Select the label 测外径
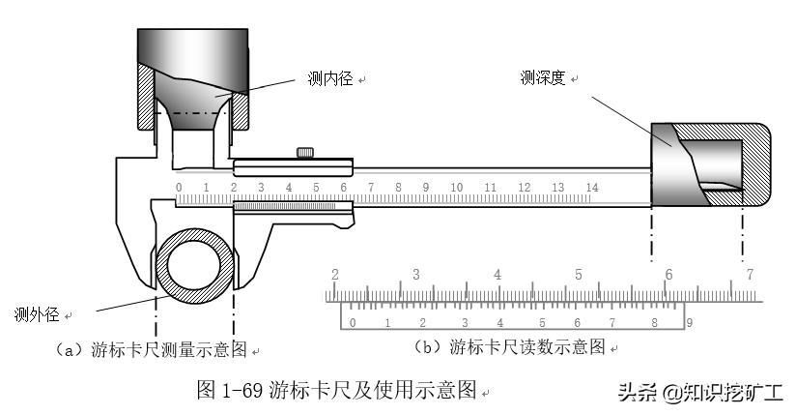coord(38,314)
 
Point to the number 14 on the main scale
coord(592,187)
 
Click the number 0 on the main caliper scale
coord(179,187)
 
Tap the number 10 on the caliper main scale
coord(457,187)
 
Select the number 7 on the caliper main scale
coord(370,187)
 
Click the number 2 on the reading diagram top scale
coord(335,275)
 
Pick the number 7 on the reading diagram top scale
coord(750,275)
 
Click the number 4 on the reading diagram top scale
coord(497,275)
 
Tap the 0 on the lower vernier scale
coord(353,322)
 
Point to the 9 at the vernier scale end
coord(689,321)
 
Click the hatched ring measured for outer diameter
coord(165,262)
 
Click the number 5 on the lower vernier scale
coord(542,322)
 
